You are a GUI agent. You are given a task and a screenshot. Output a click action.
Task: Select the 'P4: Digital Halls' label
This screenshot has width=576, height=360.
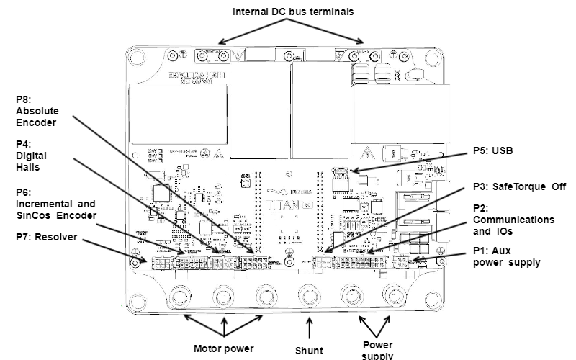point(32,155)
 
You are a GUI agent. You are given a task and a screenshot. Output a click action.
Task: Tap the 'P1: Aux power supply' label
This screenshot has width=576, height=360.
point(506,257)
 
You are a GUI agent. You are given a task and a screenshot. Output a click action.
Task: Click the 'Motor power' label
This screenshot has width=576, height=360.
point(224,349)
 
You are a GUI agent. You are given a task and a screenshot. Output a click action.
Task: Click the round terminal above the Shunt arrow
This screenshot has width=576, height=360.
point(310,295)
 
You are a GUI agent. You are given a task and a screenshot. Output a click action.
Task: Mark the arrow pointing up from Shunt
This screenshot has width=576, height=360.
point(310,328)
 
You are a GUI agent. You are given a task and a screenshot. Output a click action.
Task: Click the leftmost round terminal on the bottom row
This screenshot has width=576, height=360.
point(180,295)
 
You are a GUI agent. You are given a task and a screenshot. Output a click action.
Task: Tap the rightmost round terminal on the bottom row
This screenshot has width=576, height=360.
point(394,295)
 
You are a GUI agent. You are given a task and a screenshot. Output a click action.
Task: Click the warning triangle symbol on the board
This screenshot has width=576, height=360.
point(368,153)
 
